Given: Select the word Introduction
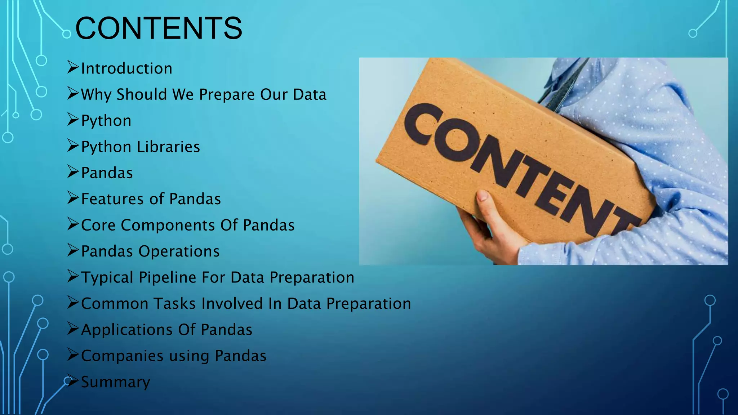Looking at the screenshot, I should point(126,68).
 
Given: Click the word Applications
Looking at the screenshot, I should point(127,330).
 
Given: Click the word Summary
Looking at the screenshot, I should point(115,382).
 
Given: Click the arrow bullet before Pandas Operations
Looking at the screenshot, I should point(73,250).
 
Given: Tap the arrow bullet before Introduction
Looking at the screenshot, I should point(73,67).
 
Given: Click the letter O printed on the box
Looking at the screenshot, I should point(454,141).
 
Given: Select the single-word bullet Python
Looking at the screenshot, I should point(106,121).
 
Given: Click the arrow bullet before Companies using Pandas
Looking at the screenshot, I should point(73,354).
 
